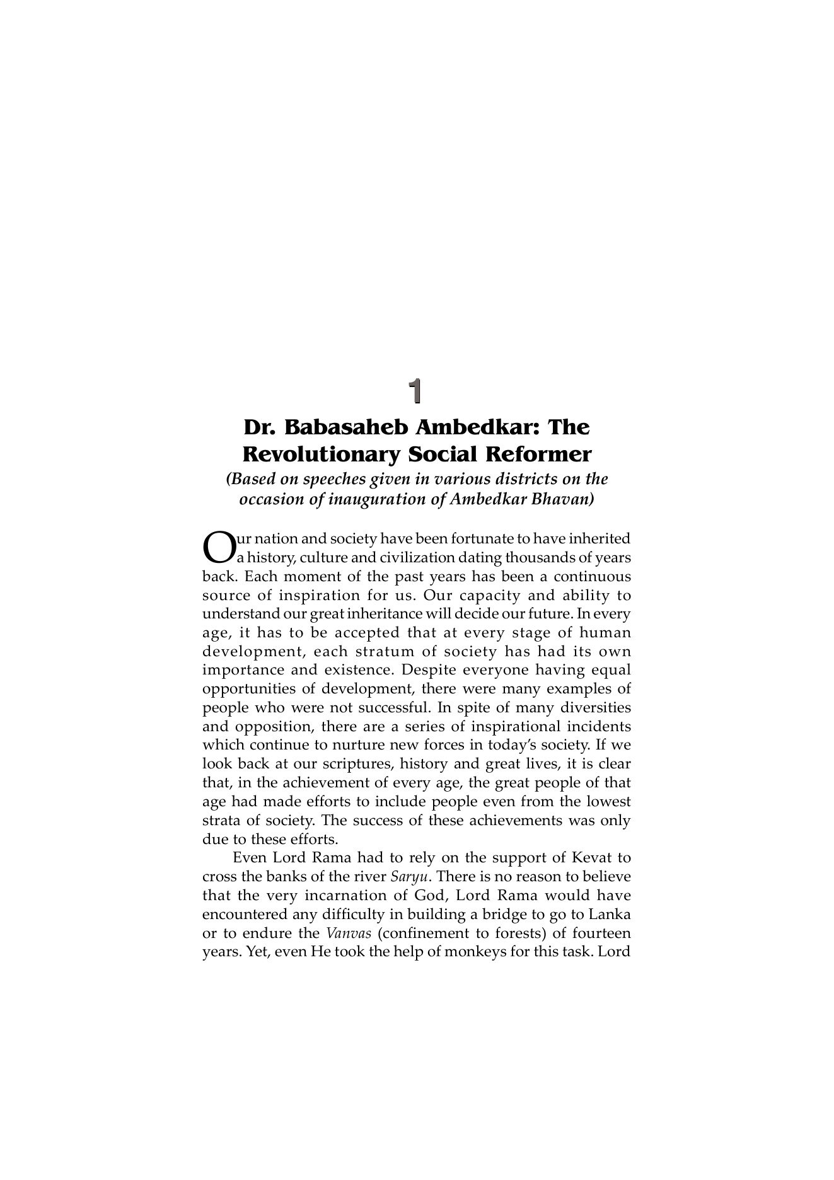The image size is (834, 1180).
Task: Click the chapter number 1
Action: pos(414,391)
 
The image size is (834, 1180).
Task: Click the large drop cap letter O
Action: pos(217,547)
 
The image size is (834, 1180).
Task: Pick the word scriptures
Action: pos(358,764)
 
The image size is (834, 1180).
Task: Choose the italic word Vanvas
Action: pos(348,934)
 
